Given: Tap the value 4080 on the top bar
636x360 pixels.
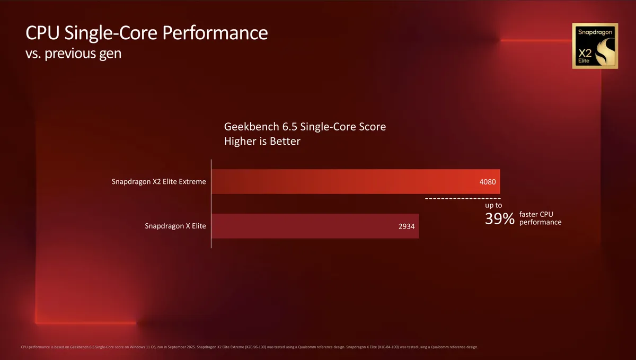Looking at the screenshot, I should tap(487, 182).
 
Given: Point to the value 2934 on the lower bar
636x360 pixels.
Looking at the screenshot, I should tap(406, 226).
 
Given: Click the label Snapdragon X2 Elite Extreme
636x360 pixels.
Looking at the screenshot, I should tap(158, 182).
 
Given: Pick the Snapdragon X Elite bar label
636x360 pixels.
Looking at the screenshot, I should tap(175, 226).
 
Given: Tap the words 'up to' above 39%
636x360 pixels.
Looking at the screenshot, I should tap(493, 205).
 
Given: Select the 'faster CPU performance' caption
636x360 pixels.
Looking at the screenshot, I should tap(540, 218).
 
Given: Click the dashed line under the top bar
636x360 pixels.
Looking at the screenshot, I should tap(463, 198).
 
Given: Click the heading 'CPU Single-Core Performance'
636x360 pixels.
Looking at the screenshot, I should tap(146, 33).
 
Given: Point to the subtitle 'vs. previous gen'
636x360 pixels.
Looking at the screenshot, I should tap(73, 54).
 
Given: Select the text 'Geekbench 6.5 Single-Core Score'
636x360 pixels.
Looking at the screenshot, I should tap(305, 127).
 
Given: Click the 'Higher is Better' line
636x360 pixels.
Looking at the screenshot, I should tap(262, 142).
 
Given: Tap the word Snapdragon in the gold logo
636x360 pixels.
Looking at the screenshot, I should tap(594, 32).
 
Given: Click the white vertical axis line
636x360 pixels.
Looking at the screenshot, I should tap(211, 204).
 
